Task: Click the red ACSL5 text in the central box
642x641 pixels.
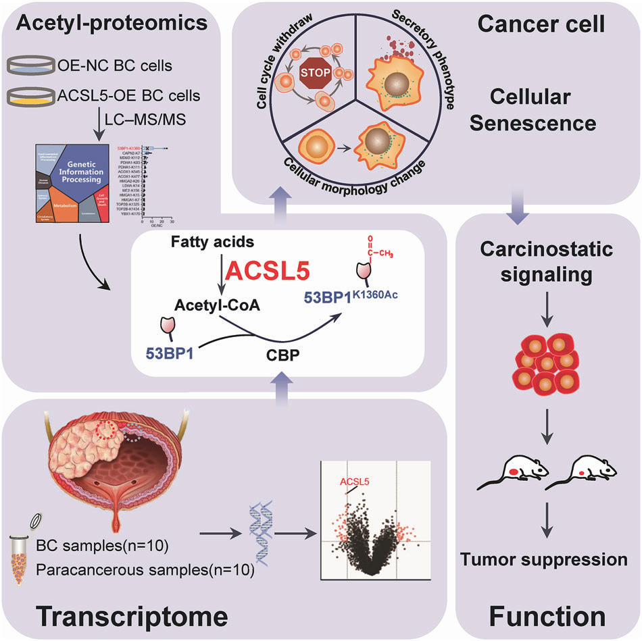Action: point(269,271)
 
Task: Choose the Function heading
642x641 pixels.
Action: point(545,616)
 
